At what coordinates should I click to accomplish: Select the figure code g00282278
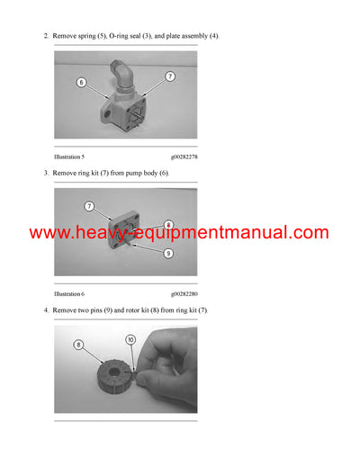(184, 157)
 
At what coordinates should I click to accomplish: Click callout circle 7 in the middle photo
(89, 206)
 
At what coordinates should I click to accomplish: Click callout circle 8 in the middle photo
(168, 225)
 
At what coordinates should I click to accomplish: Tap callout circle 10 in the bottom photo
(130, 340)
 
